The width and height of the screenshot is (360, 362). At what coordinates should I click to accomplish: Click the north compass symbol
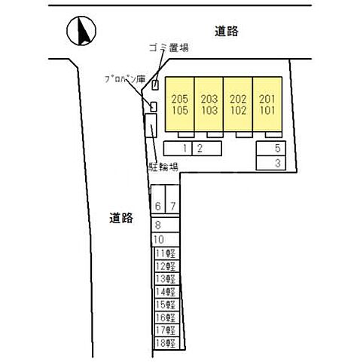81,31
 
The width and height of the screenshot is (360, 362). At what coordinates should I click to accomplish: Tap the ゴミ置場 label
168,48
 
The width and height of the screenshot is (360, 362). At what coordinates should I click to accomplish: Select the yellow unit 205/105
179,104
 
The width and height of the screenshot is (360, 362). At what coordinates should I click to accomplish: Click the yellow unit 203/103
209,104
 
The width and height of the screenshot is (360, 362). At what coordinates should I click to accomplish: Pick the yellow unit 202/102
238,104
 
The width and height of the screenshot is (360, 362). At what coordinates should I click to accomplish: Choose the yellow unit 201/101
267,104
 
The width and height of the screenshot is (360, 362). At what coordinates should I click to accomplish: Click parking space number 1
185,148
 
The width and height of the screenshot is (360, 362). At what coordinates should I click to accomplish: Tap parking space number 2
200,148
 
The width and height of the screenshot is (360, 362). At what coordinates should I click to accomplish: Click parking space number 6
157,206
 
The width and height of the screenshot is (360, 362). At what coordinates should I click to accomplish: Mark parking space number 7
172,206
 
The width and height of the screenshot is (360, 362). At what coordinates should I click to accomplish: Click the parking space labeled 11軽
165,253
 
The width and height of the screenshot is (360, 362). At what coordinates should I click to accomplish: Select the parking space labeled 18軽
165,343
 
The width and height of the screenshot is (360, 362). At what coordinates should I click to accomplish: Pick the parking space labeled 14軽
165,292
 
